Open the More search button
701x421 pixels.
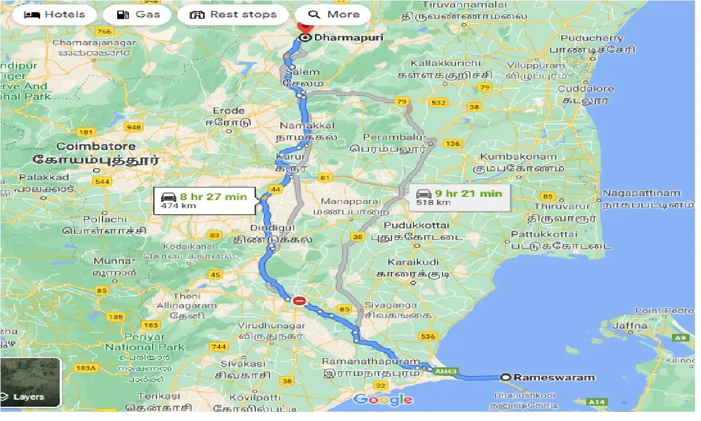(x=333, y=15)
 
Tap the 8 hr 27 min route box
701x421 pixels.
(x=204, y=200)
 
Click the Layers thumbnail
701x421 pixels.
(x=30, y=383)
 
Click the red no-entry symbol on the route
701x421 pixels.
(x=299, y=300)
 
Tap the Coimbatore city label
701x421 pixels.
(x=96, y=147)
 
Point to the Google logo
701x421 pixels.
(x=383, y=399)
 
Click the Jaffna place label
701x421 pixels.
(x=632, y=326)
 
